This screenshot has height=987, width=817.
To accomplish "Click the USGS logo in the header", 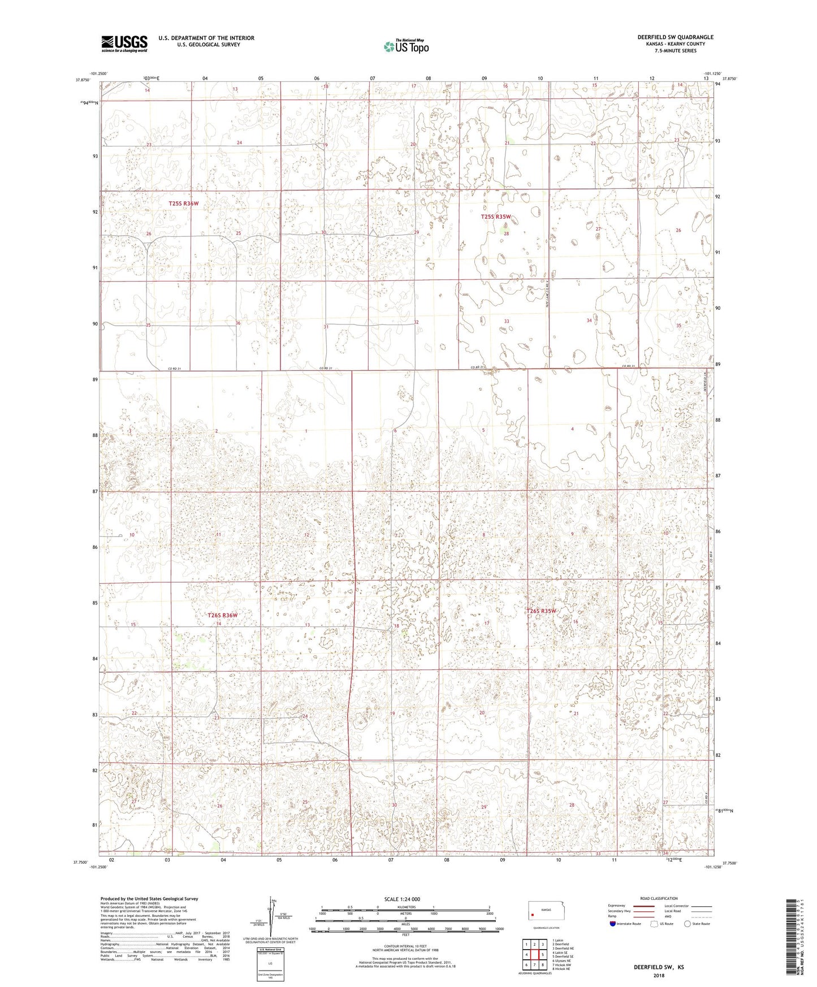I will coord(124,43).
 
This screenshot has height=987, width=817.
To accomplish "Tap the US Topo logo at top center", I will coord(405,46).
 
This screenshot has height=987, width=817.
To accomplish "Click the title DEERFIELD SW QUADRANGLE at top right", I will coord(675,37).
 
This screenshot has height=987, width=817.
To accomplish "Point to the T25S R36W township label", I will coord(184,204).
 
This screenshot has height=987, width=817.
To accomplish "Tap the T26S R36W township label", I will coord(223,615).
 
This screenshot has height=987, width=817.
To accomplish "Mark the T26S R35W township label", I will coord(542,611).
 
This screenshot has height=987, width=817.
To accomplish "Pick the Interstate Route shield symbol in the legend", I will coord(613,924).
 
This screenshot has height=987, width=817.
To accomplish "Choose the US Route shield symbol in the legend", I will coord(655,924).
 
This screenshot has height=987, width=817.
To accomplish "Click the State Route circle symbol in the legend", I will coord(688,924).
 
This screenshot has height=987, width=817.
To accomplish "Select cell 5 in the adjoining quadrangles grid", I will coord(542,954).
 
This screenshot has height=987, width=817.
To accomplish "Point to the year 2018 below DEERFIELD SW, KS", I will coord(658,975).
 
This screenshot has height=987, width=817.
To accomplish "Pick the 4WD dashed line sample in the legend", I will coord(702,916).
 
